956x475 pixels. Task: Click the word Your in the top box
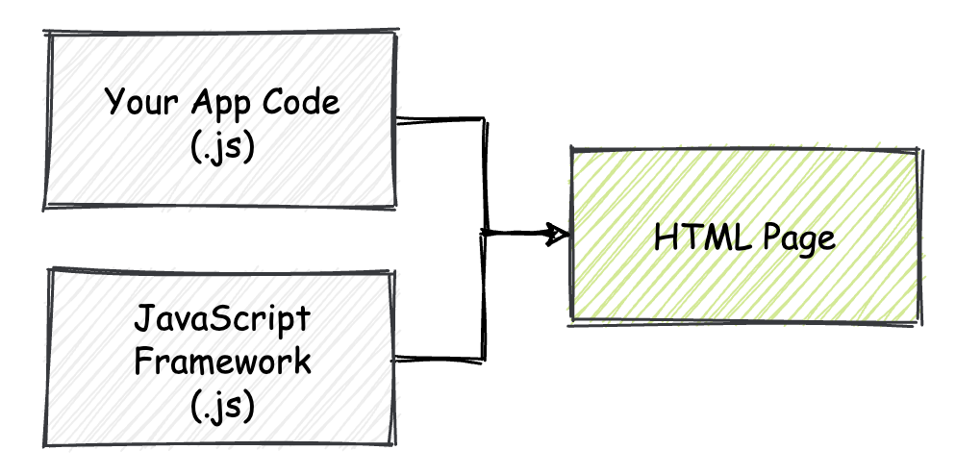[x=138, y=102]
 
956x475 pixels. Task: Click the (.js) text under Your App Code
[x=222, y=149]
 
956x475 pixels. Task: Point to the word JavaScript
[x=222, y=318]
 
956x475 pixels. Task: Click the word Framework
[x=222, y=362]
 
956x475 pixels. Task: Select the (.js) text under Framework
[x=222, y=407]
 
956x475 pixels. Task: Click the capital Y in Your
[x=113, y=101]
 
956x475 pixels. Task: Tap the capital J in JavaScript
[x=142, y=318]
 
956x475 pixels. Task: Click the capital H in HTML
[x=664, y=237]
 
